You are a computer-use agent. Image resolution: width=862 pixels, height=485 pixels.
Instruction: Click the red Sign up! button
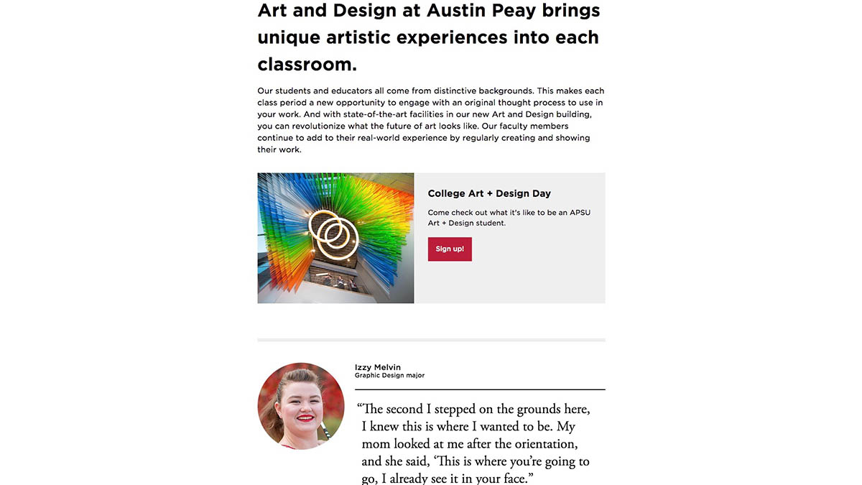tap(450, 249)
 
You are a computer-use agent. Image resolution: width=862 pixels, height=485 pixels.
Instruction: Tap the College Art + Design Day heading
tap(489, 193)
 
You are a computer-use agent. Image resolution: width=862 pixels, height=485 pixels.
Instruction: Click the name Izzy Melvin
tap(378, 367)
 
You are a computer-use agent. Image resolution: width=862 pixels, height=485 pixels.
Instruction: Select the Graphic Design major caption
tap(389, 376)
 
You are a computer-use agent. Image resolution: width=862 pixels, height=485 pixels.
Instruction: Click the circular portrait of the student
tap(301, 406)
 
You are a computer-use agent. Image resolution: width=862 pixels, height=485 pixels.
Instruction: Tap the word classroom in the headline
tap(307, 64)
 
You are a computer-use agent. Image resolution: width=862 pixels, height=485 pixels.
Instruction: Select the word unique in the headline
tap(292, 37)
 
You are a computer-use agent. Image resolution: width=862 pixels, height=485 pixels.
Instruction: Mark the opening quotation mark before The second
tap(360, 409)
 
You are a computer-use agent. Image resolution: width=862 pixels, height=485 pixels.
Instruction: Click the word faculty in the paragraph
tap(526, 126)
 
